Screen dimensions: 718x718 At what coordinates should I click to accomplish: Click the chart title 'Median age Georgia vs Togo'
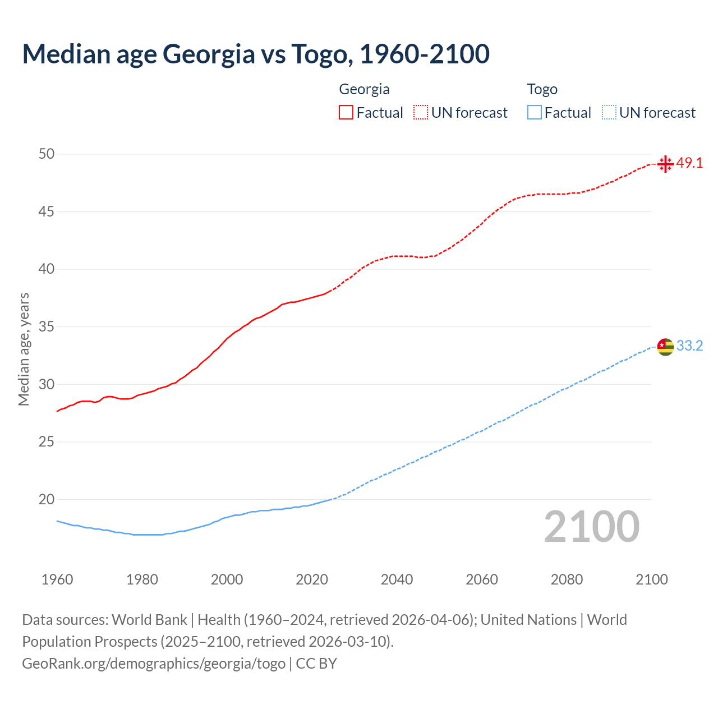(x=256, y=54)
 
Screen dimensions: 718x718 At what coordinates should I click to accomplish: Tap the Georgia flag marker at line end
(x=665, y=164)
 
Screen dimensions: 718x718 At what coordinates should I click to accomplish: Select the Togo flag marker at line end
(x=665, y=347)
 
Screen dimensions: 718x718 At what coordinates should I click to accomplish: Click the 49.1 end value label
(x=689, y=163)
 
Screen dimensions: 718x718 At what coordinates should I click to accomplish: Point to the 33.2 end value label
(x=689, y=346)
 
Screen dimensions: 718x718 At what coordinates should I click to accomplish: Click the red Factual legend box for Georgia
(x=346, y=113)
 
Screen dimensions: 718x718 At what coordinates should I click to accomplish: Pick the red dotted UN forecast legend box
(x=421, y=113)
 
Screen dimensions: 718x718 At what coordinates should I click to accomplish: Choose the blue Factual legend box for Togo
(x=535, y=113)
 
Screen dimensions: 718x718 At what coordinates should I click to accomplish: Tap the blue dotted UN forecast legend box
(x=609, y=113)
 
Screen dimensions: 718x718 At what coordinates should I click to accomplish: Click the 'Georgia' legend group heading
(x=364, y=89)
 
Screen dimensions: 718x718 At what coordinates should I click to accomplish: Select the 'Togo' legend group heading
(x=542, y=89)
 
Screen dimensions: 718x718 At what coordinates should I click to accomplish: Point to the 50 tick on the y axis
(x=47, y=154)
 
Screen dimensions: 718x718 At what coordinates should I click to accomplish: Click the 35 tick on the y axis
(x=47, y=326)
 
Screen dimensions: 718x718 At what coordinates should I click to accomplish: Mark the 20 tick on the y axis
(x=47, y=499)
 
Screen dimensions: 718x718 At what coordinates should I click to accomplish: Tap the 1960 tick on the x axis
(x=57, y=579)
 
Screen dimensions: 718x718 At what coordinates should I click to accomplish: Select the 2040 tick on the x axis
(x=397, y=579)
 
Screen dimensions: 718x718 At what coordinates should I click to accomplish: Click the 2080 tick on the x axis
(x=567, y=579)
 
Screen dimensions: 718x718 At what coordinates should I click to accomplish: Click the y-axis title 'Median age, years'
(x=24, y=349)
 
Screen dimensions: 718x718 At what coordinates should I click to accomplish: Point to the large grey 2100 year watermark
(x=592, y=526)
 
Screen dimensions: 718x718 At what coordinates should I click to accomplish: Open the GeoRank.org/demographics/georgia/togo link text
(x=154, y=664)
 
